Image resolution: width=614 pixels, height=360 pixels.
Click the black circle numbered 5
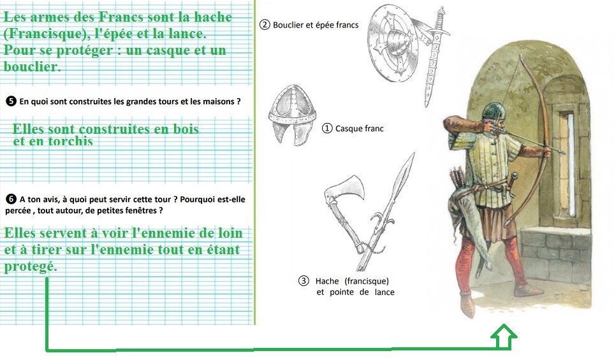(x=11, y=101)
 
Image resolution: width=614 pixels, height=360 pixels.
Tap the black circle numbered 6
(x=11, y=199)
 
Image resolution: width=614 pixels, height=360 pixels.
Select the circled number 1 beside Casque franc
(x=327, y=128)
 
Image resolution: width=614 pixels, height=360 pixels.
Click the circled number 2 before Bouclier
(x=265, y=25)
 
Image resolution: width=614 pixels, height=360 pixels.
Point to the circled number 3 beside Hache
(x=303, y=281)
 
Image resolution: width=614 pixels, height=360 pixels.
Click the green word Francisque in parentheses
(x=44, y=34)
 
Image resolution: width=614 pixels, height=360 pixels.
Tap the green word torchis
(x=71, y=141)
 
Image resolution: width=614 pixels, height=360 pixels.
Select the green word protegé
(x=31, y=266)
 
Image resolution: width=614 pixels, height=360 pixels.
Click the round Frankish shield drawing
(x=393, y=43)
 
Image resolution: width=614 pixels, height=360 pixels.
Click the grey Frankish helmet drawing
(x=292, y=115)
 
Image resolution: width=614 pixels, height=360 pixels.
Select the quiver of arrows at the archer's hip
(x=459, y=179)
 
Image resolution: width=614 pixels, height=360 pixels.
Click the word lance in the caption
(x=384, y=292)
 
